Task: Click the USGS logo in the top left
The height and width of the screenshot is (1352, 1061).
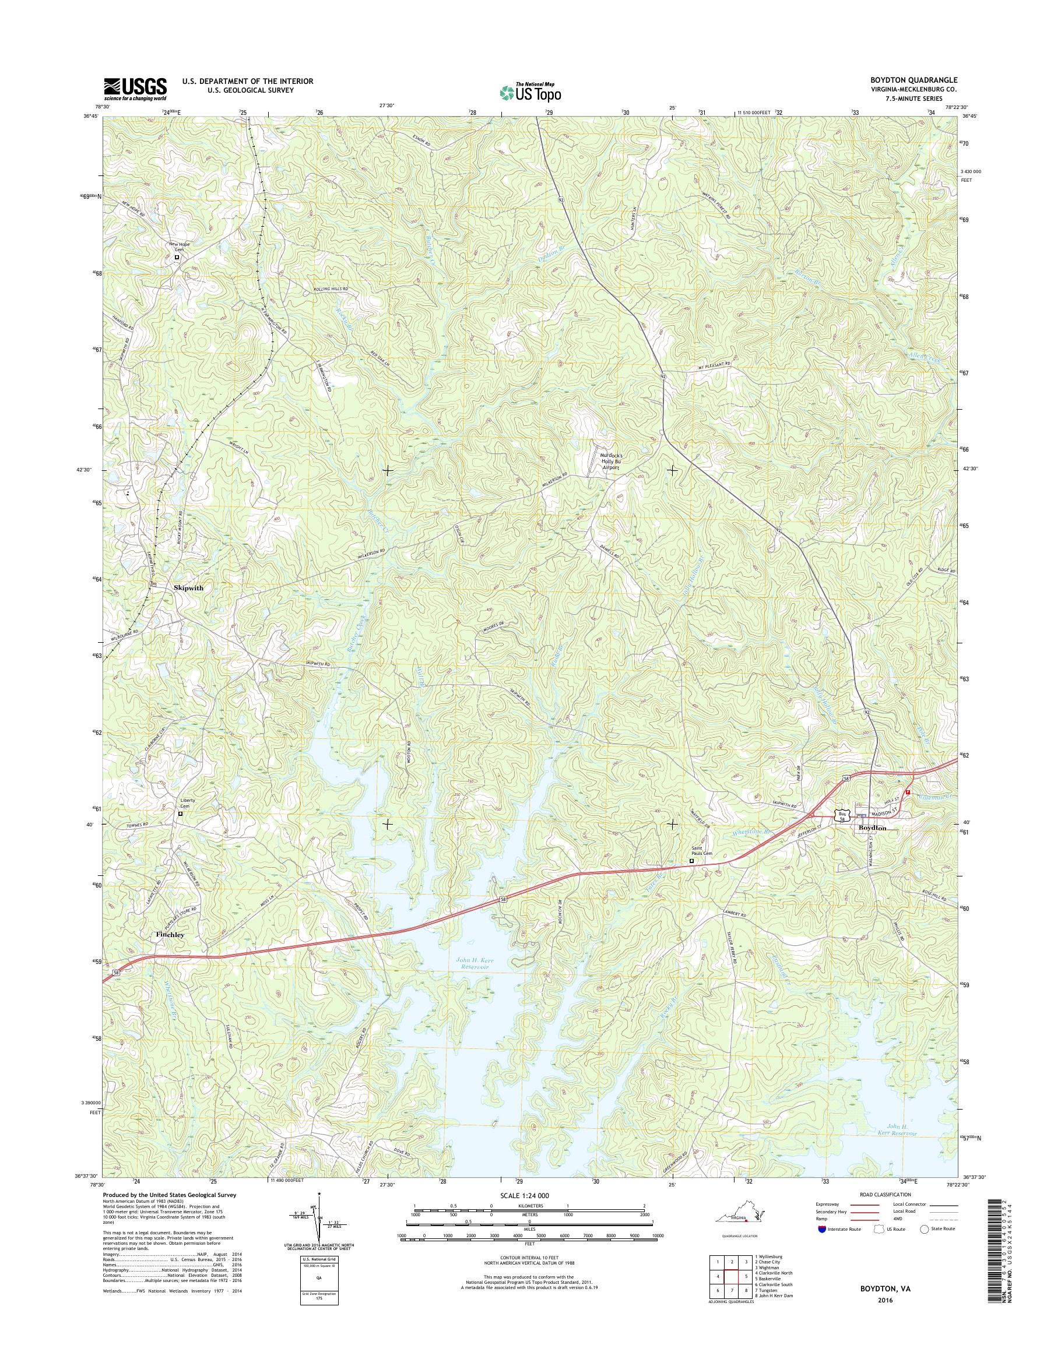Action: [135, 89]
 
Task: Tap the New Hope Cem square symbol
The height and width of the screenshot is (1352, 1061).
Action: [177, 256]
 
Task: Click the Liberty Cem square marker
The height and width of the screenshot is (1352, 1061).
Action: [181, 813]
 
